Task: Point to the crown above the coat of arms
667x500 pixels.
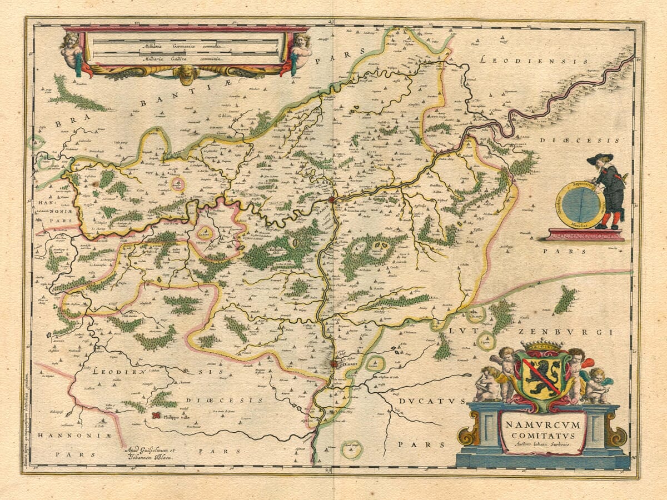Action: click(542, 346)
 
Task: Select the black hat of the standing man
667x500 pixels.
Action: click(600, 158)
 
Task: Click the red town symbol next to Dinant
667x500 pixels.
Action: click(335, 364)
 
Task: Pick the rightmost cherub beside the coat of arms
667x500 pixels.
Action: click(598, 384)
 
